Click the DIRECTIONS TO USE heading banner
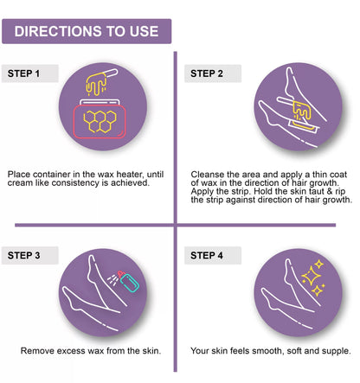[x=87, y=31]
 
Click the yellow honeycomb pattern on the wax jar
[x=100, y=121]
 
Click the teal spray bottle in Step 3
[x=129, y=282]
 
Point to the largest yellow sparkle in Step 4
[x=311, y=276]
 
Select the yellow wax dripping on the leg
[x=302, y=112]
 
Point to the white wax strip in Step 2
[x=304, y=126]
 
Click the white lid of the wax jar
[x=100, y=102]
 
